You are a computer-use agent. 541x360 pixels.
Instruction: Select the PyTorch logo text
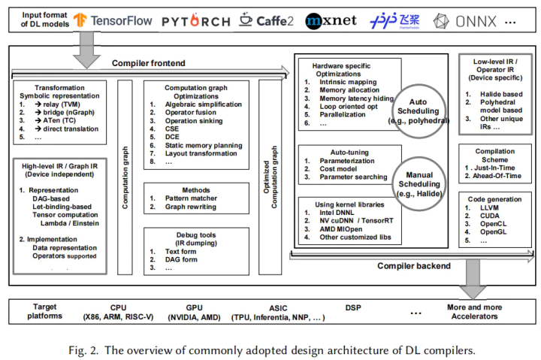pos(195,21)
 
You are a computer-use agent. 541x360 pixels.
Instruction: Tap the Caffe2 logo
pos(267,20)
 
